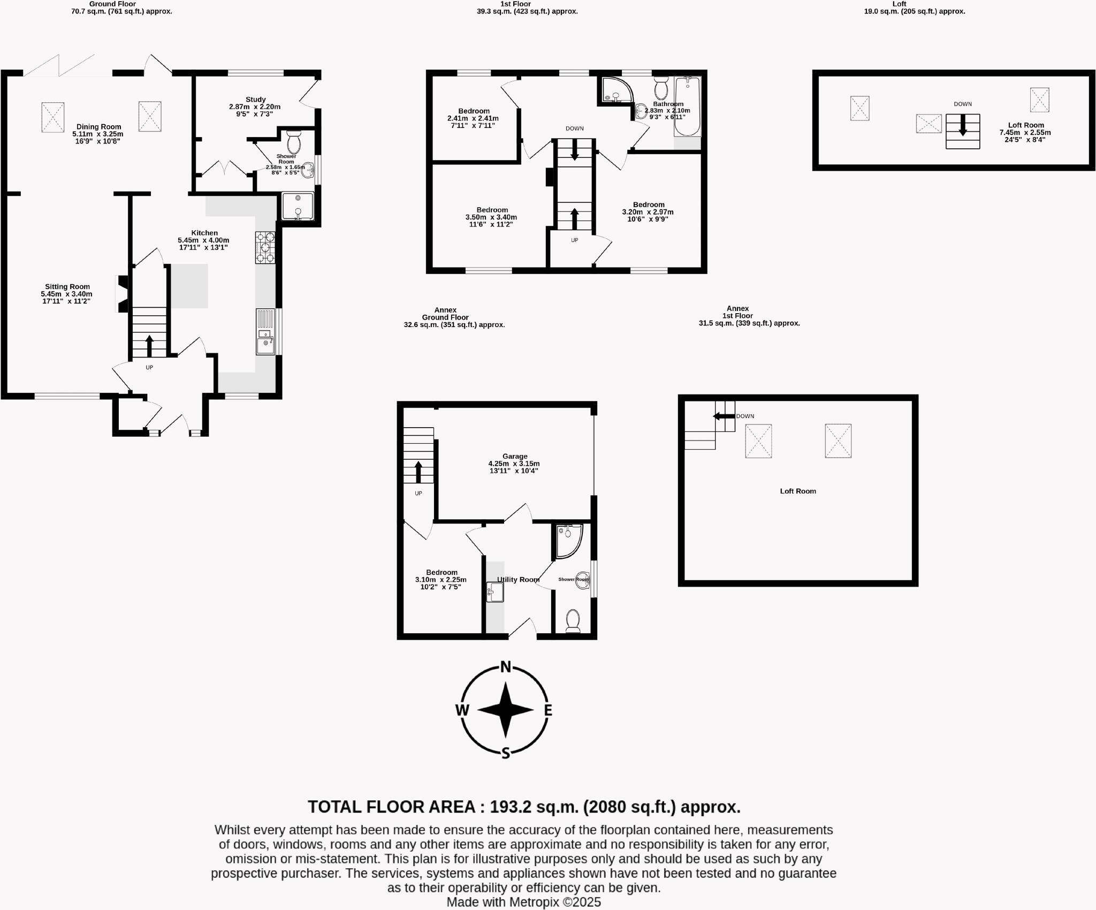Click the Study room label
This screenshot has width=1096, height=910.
coord(255,100)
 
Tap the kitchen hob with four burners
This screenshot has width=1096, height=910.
coord(265,247)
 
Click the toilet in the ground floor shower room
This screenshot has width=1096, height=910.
coord(294,142)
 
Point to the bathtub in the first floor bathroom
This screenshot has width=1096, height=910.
coord(687,107)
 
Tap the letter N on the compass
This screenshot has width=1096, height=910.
coord(505,667)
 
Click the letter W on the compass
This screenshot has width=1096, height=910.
coord(462,710)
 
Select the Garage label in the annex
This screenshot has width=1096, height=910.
coord(514,456)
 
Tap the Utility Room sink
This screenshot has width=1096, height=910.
coord(495,592)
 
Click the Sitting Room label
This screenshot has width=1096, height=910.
coord(67,286)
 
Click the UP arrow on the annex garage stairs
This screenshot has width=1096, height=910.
coord(418,472)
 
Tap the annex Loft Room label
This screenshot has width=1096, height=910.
coord(797,491)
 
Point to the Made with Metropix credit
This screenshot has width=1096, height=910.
coord(523,902)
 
